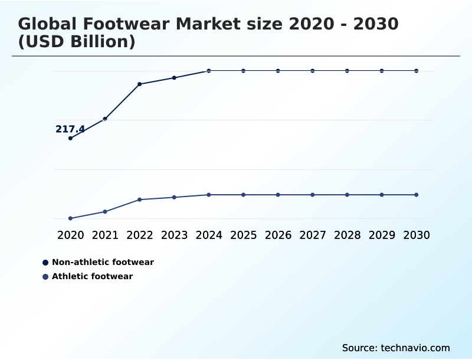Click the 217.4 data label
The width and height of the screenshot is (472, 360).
click(70, 129)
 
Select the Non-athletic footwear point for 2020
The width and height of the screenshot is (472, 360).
click(70, 138)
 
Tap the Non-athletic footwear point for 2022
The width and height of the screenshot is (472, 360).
click(140, 84)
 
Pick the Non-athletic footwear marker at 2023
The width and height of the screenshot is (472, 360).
click(174, 78)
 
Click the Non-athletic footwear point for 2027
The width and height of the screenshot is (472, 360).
click(313, 71)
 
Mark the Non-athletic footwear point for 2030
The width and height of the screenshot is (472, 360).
click(417, 71)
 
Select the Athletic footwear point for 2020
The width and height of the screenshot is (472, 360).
click(70, 218)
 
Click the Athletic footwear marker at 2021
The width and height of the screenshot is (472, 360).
click(105, 211)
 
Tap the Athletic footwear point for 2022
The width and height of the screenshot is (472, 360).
click(140, 199)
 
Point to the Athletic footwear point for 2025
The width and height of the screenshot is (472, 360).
click(243, 195)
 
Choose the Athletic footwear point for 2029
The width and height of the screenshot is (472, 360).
click(382, 195)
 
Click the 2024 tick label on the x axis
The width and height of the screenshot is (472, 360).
click(209, 235)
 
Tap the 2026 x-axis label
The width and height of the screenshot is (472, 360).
click(278, 235)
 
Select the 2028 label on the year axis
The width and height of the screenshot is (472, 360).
click(347, 235)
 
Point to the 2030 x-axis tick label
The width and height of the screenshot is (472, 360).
click(417, 235)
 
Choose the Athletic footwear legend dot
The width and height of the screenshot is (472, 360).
click(45, 277)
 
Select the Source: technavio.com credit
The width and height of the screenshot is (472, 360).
click(396, 348)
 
